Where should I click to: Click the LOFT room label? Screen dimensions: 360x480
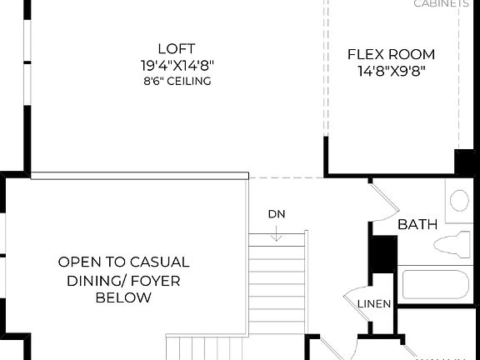[175, 48]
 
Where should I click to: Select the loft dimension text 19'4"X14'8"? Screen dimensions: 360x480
[175, 65]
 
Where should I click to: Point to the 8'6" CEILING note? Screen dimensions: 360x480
[175, 82]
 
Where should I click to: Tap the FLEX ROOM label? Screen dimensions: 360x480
[391, 55]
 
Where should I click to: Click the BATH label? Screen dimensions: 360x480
[417, 224]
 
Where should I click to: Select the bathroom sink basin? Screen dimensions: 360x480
[459, 200]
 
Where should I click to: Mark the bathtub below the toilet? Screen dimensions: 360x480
[434, 284]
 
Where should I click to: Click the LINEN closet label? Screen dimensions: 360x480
[374, 304]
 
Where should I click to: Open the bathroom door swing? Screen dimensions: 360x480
[382, 199]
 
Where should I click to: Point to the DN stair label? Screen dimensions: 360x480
[277, 214]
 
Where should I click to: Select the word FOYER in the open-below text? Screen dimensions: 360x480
[152, 280]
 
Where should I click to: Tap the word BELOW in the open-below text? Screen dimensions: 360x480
[123, 297]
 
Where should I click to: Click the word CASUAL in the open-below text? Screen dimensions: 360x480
[158, 262]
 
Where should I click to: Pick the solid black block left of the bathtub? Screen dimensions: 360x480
[382, 253]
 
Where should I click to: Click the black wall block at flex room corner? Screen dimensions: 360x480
[463, 162]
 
